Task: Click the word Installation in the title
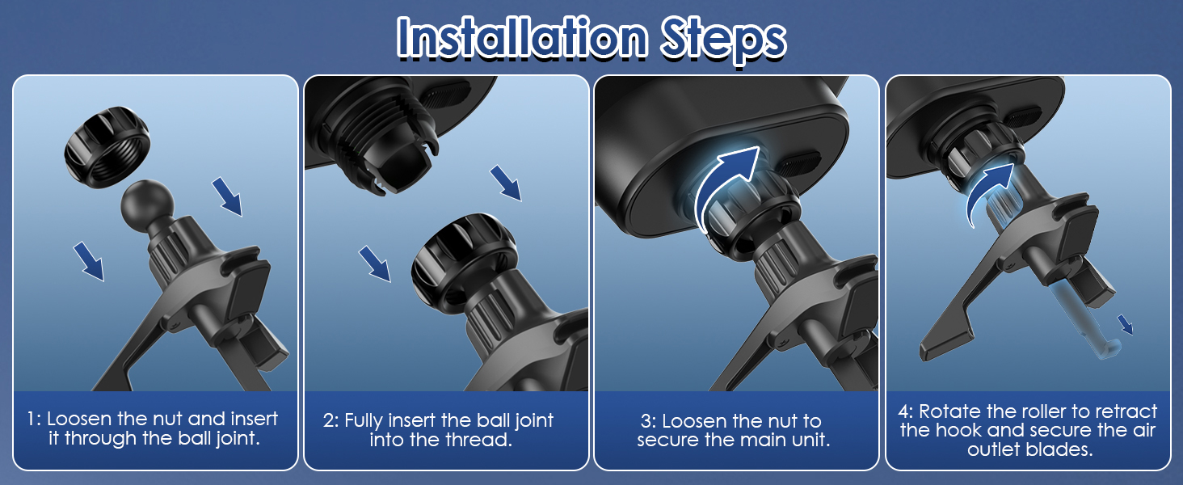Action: (522, 37)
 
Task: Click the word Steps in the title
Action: (723, 40)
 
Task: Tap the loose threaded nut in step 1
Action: (107, 147)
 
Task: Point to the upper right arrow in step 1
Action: (228, 196)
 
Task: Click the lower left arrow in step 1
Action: (89, 261)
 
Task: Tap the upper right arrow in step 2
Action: (506, 183)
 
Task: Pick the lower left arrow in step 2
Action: (375, 264)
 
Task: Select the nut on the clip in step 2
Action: (464, 259)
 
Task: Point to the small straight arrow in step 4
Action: (1126, 325)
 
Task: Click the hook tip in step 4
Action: (1108, 350)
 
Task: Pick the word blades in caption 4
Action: (1059, 449)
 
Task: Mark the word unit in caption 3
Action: (810, 440)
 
